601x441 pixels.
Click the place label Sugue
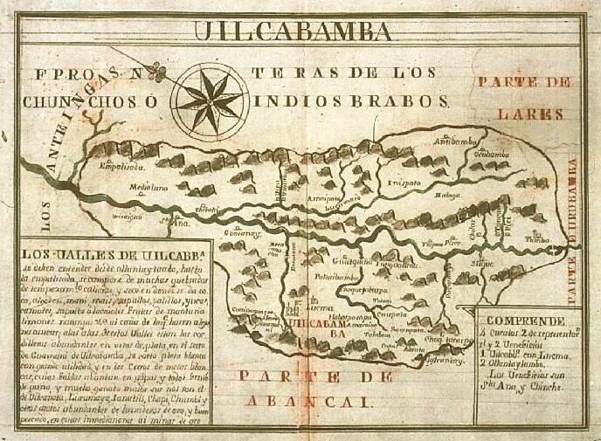tap(483, 261)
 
